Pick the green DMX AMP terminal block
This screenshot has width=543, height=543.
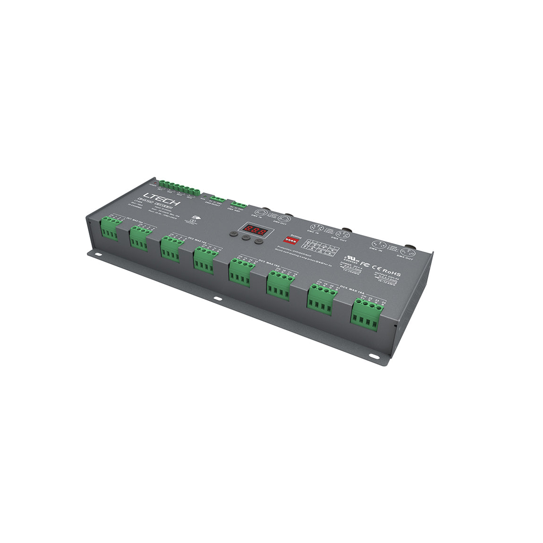click(x=238, y=205)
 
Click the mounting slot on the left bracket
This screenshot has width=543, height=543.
click(x=99, y=255)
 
